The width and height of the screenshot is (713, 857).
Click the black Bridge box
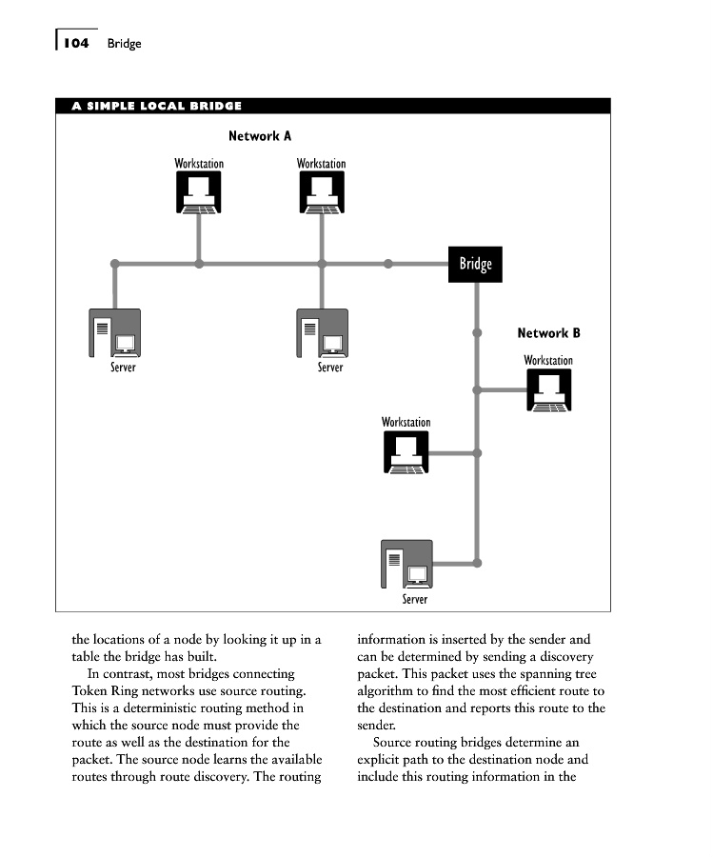click(x=475, y=264)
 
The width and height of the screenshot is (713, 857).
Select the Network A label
click(x=260, y=136)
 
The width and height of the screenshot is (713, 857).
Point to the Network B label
click(x=548, y=333)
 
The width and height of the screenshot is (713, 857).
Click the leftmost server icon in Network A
click(x=114, y=332)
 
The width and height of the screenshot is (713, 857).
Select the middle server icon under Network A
click(x=322, y=332)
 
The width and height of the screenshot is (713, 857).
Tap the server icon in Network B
click(x=406, y=565)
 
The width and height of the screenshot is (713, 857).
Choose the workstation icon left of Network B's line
click(x=406, y=452)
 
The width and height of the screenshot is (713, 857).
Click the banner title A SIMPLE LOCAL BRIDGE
click(x=157, y=106)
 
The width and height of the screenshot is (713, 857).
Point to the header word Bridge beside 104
click(x=124, y=44)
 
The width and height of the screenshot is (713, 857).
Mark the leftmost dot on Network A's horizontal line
click(x=114, y=264)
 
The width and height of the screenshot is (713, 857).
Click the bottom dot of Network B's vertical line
click(x=478, y=563)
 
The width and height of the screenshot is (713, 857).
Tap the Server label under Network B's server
click(x=415, y=599)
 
